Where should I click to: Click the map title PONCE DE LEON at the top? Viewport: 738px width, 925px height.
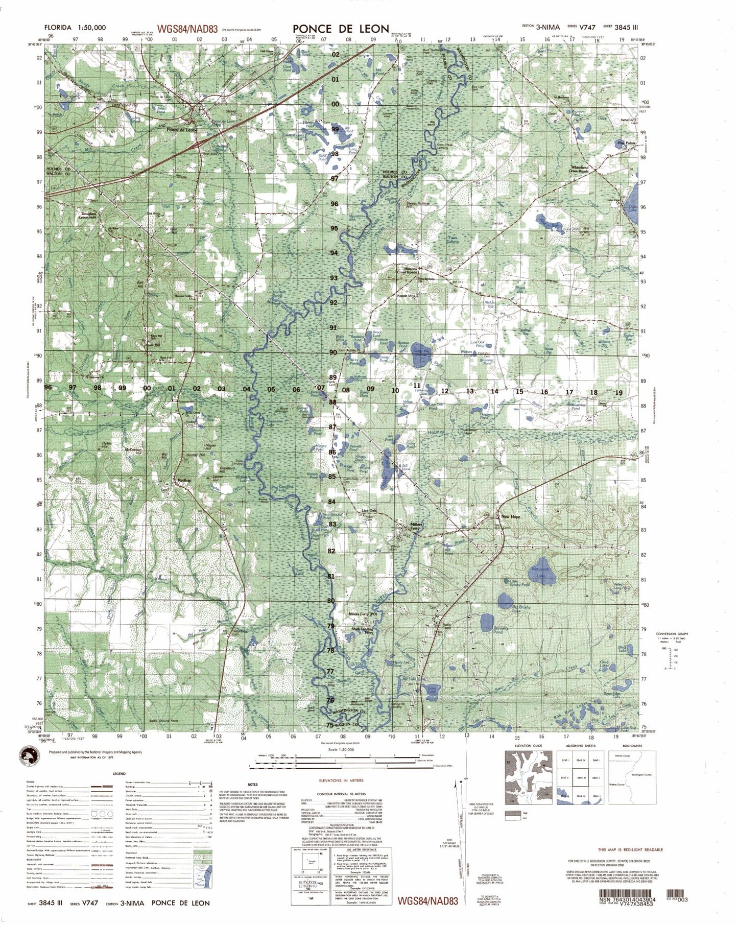point(341,29)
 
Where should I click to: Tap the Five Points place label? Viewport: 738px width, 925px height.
point(627,143)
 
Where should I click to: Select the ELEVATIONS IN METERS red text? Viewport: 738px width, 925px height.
point(340,781)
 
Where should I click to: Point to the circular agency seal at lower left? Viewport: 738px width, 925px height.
point(32,758)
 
